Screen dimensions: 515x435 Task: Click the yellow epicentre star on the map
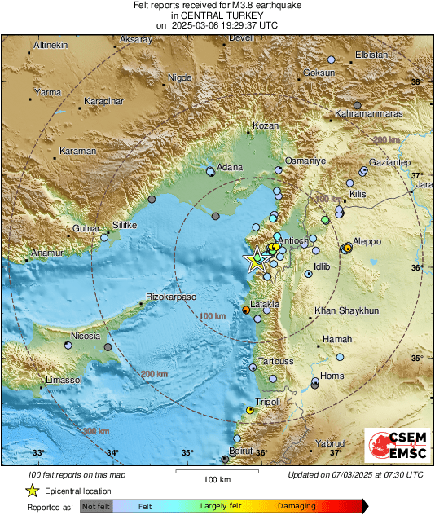(257, 260)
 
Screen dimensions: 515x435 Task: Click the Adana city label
(231, 167)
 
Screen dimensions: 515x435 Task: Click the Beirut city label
(241, 450)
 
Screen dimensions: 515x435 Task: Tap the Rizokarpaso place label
(172, 297)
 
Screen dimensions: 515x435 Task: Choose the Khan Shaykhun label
(347, 311)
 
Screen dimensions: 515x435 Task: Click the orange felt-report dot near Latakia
(246, 310)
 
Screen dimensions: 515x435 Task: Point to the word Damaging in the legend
(297, 506)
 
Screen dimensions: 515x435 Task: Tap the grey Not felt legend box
(96, 506)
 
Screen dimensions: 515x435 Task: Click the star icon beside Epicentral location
(32, 491)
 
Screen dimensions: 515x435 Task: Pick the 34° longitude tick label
(112, 452)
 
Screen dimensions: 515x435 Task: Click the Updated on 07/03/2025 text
(355, 474)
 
